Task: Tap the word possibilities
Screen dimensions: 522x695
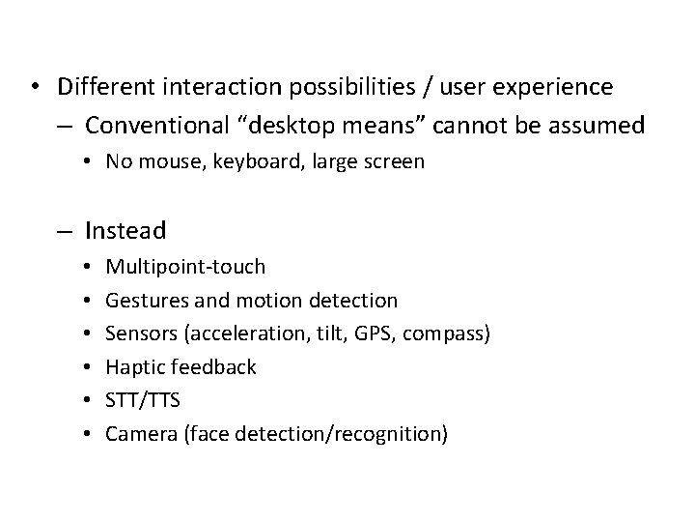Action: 357,87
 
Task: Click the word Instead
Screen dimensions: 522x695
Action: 125,231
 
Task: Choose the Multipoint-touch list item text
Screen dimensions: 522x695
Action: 185,266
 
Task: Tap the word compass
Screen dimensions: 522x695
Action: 450,333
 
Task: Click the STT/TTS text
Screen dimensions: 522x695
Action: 144,401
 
